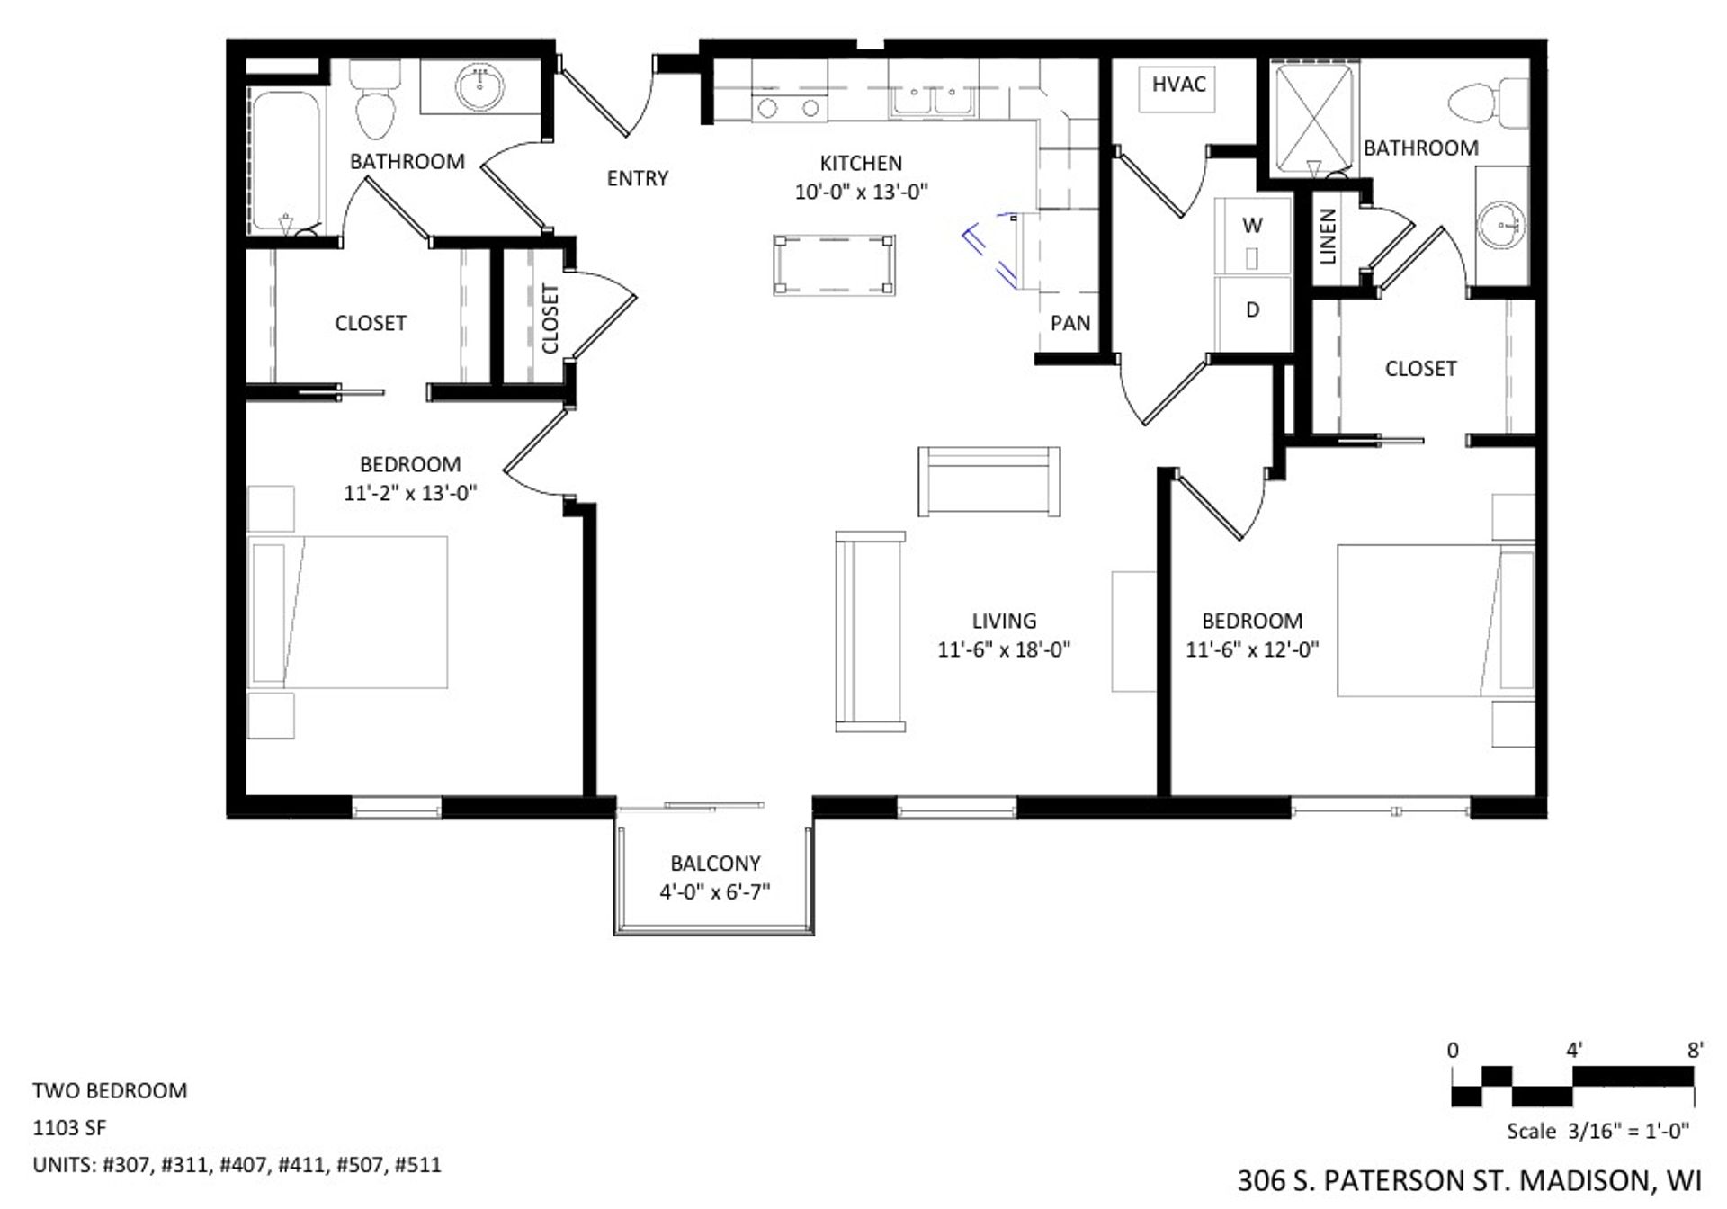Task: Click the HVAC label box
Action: click(1178, 87)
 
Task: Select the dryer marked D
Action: click(1252, 312)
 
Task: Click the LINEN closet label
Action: click(1328, 237)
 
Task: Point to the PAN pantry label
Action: click(1069, 323)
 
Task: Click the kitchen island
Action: click(834, 264)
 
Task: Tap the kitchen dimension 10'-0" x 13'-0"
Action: click(861, 192)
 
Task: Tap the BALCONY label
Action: click(715, 864)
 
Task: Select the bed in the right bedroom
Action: click(1435, 620)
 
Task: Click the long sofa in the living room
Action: click(869, 631)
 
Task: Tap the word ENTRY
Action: click(637, 178)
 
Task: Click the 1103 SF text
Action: click(69, 1127)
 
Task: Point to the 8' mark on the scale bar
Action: click(1695, 1050)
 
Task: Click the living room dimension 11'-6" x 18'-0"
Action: click(1003, 649)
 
